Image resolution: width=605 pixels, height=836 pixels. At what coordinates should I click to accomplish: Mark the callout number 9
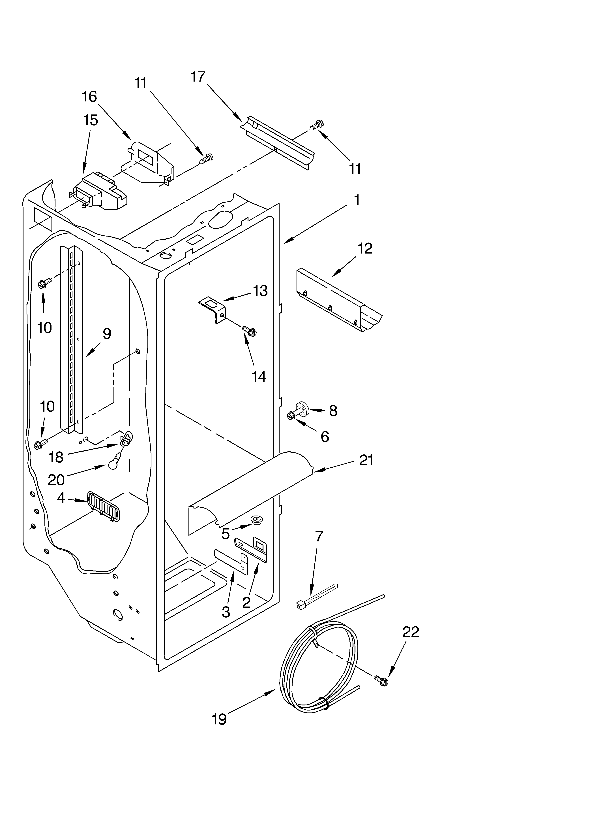[x=106, y=334]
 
